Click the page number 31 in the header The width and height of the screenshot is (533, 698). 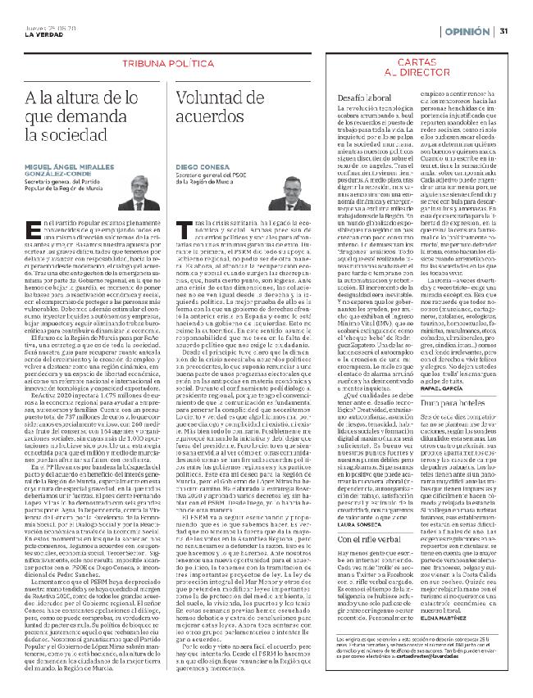coord(505,32)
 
